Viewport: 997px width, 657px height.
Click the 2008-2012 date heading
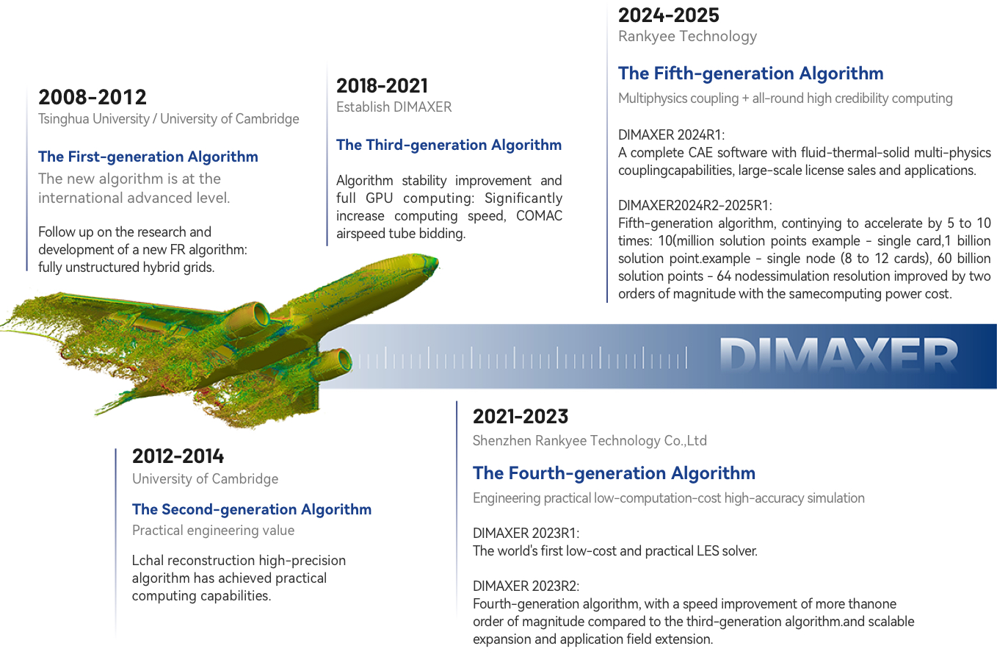[x=92, y=97]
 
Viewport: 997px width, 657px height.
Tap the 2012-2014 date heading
[x=178, y=456]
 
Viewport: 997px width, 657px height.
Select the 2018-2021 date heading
[x=382, y=86]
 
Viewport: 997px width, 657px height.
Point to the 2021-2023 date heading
[x=521, y=417]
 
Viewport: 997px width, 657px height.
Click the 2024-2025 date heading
[x=669, y=15]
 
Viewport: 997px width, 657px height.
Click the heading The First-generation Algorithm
[x=148, y=157]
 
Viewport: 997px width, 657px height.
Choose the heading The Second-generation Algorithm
[x=252, y=509]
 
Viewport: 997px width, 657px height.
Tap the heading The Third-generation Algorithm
[x=449, y=146]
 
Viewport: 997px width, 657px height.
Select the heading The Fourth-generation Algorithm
[x=614, y=473]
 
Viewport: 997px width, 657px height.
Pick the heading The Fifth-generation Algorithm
[x=751, y=73]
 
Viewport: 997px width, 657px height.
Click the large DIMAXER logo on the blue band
[x=838, y=355]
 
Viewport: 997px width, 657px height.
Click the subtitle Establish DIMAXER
[x=394, y=107]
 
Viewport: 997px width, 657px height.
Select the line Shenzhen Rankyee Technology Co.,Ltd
[x=590, y=441]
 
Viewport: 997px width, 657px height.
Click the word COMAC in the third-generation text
[x=539, y=215]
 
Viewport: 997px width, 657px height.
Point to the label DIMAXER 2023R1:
[x=526, y=534]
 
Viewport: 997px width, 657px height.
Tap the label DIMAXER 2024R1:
[x=671, y=135]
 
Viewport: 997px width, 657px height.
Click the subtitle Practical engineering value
[x=213, y=531]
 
